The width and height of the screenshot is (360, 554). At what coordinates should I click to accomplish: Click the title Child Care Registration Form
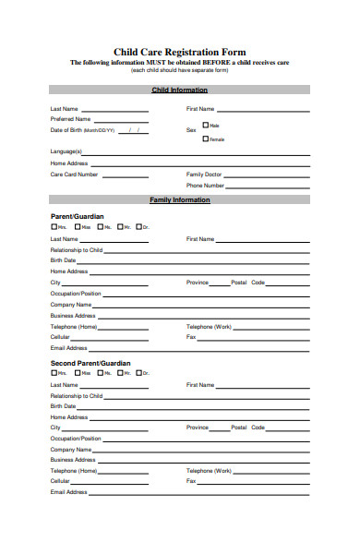point(179,53)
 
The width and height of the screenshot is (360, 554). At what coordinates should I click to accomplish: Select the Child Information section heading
point(179,90)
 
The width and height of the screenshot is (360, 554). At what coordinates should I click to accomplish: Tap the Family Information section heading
point(179,199)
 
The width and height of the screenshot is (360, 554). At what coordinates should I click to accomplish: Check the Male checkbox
point(206,125)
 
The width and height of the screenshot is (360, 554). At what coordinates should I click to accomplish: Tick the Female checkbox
point(206,138)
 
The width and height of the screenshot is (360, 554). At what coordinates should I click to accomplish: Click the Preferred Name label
point(70,119)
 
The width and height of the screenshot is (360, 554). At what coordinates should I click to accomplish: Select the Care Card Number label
point(74,174)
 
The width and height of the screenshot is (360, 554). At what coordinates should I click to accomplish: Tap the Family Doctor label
point(204,174)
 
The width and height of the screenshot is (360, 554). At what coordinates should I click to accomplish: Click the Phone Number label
point(206,185)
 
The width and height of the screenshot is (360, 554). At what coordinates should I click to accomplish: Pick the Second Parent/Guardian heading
point(90,363)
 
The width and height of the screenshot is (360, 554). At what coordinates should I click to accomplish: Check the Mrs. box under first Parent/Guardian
point(54,227)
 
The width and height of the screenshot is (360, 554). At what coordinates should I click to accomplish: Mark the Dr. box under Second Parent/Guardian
point(138,373)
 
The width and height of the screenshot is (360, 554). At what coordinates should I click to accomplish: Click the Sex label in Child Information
point(191,130)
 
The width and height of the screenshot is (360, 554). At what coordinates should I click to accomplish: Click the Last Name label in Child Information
point(64,108)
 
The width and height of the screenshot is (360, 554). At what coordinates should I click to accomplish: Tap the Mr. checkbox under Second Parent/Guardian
point(119,373)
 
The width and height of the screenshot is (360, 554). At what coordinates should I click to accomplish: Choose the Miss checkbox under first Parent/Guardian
point(77,227)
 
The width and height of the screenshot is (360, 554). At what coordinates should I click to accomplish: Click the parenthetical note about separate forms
point(179,71)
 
